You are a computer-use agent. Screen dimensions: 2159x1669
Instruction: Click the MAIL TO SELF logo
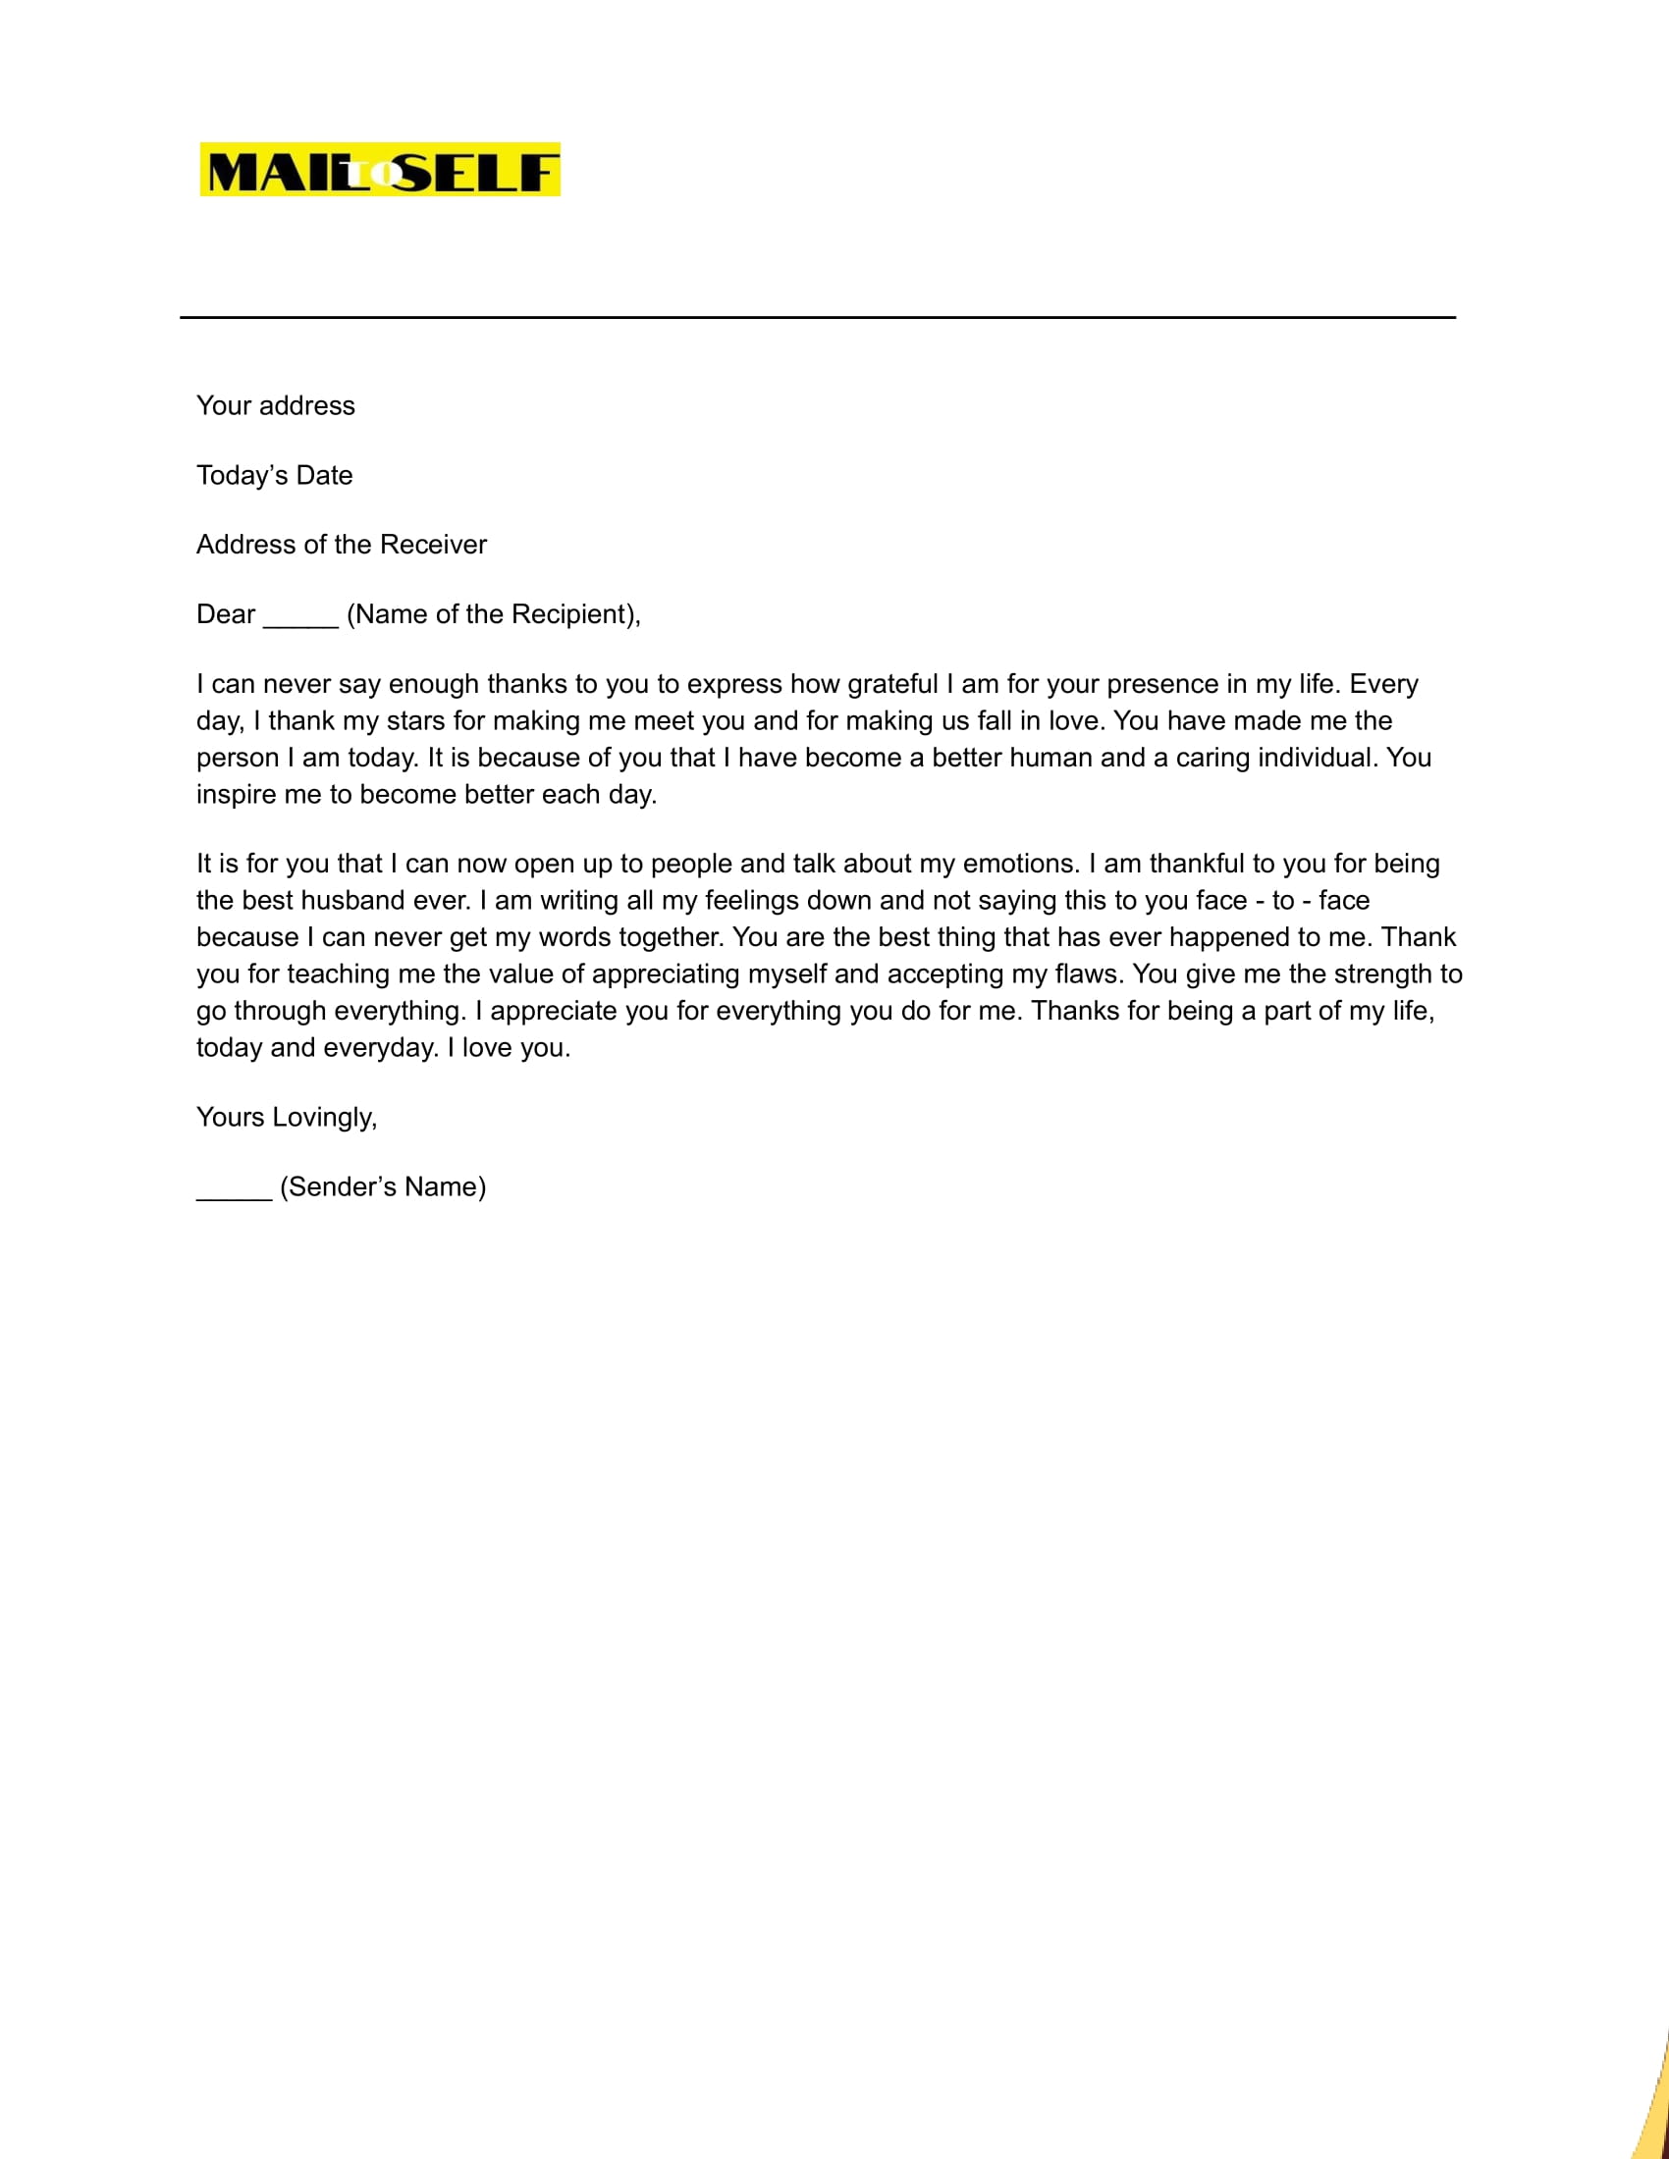(380, 169)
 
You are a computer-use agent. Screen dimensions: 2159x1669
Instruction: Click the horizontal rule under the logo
(817, 317)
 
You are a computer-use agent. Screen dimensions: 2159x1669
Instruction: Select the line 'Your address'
(275, 406)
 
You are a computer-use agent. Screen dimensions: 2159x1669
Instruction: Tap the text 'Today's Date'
(274, 476)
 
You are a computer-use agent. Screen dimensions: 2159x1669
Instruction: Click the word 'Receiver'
(433, 545)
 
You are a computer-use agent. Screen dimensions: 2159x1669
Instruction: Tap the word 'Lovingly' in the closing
(324, 1118)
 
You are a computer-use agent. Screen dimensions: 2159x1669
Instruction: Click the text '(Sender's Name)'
(383, 1187)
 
